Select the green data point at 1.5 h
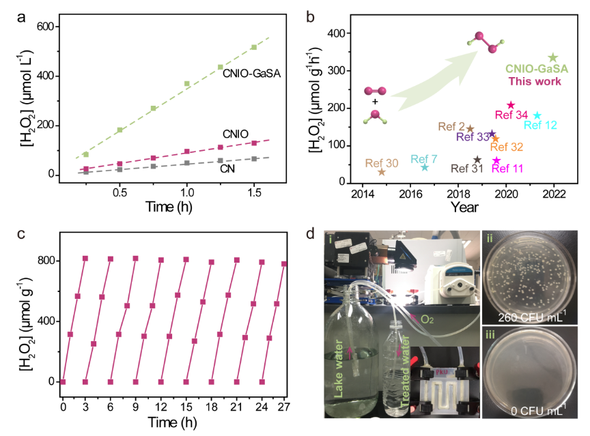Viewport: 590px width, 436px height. (254, 47)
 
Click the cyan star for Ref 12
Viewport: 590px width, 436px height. (537, 115)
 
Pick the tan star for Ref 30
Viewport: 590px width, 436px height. (382, 171)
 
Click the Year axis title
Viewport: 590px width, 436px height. (464, 207)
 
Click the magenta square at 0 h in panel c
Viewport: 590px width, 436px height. (62, 381)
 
